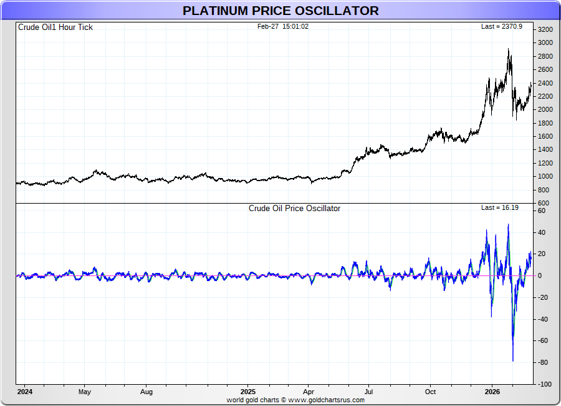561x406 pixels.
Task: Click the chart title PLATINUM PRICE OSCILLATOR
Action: pyautogui.click(x=280, y=11)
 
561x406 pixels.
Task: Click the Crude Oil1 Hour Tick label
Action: pyautogui.click(x=55, y=27)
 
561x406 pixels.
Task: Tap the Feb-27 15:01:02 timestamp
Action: pyautogui.click(x=283, y=26)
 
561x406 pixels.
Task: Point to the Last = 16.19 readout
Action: pyautogui.click(x=500, y=207)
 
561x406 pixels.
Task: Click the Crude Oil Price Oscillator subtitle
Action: pyautogui.click(x=294, y=208)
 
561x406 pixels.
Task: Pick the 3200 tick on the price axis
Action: pyautogui.click(x=545, y=29)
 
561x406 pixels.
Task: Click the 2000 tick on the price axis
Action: pyautogui.click(x=545, y=109)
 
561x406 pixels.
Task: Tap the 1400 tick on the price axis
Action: pyautogui.click(x=545, y=150)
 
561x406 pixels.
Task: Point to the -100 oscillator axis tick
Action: pyautogui.click(x=544, y=384)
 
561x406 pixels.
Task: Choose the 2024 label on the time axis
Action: pyautogui.click(x=24, y=392)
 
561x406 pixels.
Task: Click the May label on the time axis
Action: pyautogui.click(x=85, y=392)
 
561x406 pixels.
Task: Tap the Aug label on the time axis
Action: pyautogui.click(x=146, y=392)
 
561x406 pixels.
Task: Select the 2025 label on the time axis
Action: pyautogui.click(x=247, y=392)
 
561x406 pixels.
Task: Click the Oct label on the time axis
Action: pyautogui.click(x=430, y=392)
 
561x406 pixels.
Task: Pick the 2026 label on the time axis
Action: pyautogui.click(x=492, y=392)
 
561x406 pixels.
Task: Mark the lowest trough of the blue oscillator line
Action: pyautogui.click(x=513, y=360)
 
